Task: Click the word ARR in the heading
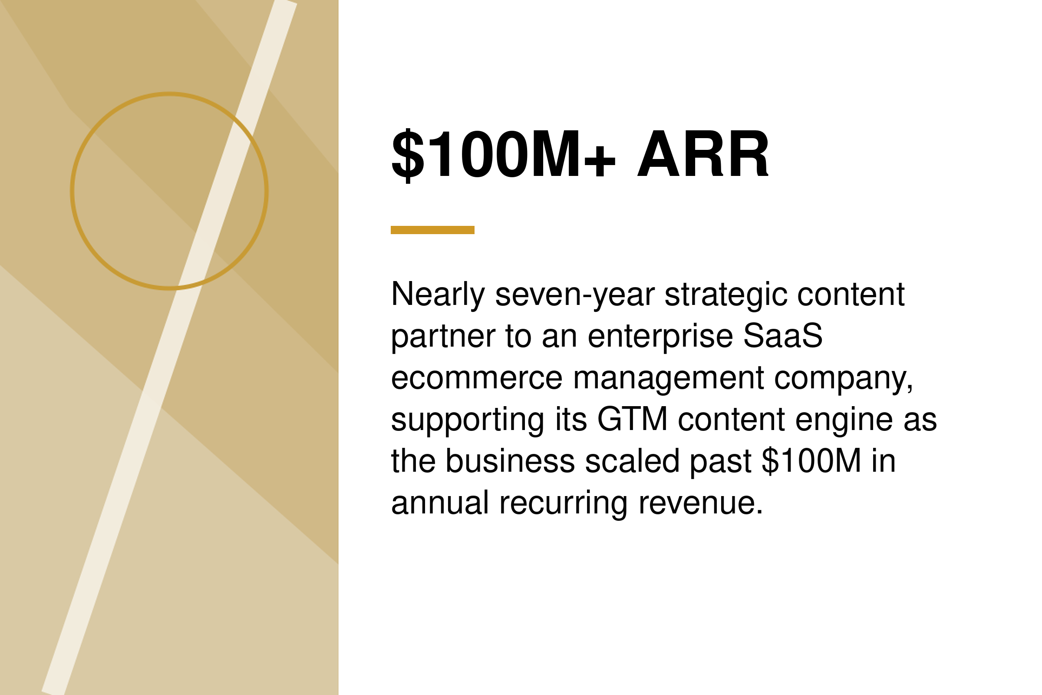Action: click(x=703, y=154)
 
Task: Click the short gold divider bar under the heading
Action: click(x=432, y=230)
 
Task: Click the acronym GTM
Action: click(x=632, y=419)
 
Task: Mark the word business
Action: click(x=510, y=460)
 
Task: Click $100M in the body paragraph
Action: click(x=811, y=460)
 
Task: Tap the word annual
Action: click(x=440, y=502)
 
